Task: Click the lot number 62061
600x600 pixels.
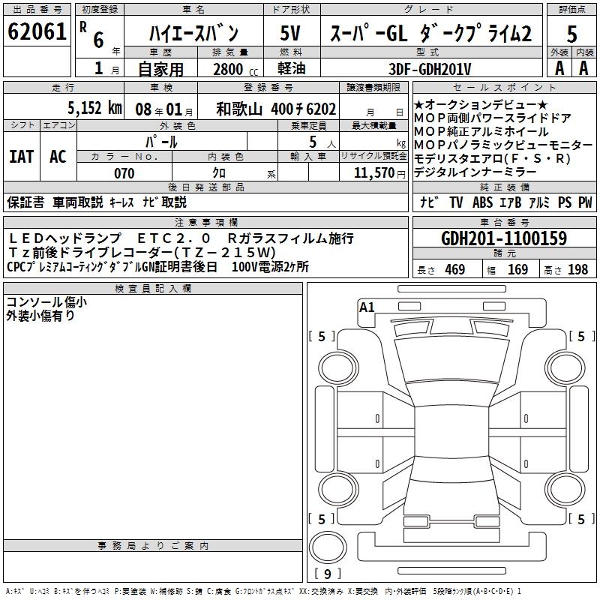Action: click(x=36, y=32)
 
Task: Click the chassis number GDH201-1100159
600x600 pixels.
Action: click(x=504, y=238)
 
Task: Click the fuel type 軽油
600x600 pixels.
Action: click(x=290, y=69)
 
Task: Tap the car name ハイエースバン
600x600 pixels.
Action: click(x=193, y=33)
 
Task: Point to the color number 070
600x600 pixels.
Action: click(x=124, y=173)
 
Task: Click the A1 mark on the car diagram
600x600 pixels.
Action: click(x=367, y=307)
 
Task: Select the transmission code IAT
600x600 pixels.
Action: click(x=21, y=156)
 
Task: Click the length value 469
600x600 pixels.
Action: click(x=454, y=270)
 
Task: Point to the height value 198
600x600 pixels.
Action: click(x=578, y=270)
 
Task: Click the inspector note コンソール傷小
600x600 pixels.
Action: click(x=46, y=302)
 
